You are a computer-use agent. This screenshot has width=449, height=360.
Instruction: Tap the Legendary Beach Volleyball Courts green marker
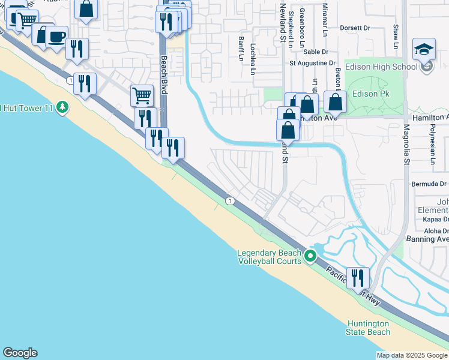click(310, 256)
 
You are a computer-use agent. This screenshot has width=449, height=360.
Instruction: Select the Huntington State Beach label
click(368, 328)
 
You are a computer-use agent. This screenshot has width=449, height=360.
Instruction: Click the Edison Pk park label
click(370, 94)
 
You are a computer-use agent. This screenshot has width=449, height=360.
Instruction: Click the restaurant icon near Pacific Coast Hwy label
click(358, 277)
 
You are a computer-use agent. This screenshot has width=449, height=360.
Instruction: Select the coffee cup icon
click(56, 37)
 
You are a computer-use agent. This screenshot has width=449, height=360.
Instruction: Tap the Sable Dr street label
click(315, 69)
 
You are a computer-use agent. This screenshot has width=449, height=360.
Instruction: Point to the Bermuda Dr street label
click(429, 184)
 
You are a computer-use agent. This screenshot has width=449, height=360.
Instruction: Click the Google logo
click(20, 353)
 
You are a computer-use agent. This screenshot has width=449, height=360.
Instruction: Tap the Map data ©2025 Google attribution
click(411, 355)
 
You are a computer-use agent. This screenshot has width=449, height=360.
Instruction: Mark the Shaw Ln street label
click(396, 37)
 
